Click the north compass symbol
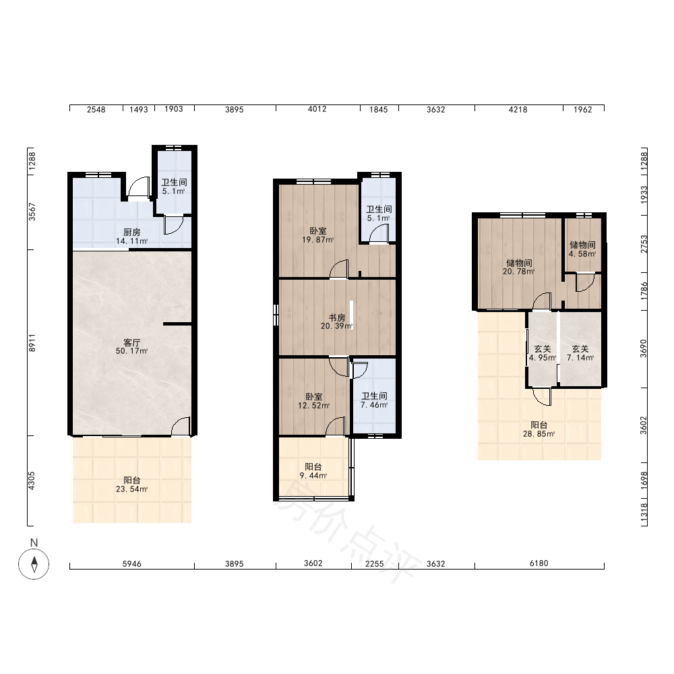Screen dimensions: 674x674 click(34, 564)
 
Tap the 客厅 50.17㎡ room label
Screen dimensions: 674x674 click(131, 346)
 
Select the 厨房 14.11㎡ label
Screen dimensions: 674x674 click(131, 237)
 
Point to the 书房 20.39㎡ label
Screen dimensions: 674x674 click(336, 321)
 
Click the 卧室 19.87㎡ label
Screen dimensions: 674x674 click(317, 235)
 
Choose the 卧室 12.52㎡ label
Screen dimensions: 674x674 click(314, 400)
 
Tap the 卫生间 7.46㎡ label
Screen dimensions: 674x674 click(374, 400)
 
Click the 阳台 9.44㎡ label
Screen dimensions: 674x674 click(313, 471)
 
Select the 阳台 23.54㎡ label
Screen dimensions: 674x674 click(131, 485)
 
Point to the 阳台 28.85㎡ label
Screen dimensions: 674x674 click(539, 429)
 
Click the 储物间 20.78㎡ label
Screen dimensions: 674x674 click(519, 267)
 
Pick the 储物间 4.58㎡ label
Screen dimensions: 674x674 click(582, 249)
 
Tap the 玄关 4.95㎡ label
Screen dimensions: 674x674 click(543, 353)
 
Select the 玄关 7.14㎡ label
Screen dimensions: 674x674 click(580, 353)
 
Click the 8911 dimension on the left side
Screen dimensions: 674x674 click(32, 342)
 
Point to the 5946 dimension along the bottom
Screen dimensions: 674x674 click(131, 563)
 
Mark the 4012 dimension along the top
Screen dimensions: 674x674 click(317, 109)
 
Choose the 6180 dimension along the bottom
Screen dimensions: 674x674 click(539, 563)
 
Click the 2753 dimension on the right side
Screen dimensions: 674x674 click(644, 244)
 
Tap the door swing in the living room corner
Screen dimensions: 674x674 click(181, 425)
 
